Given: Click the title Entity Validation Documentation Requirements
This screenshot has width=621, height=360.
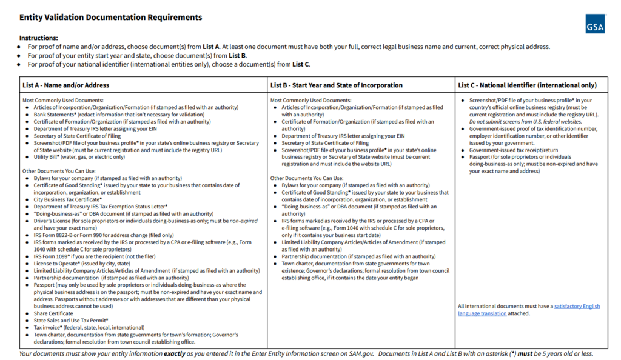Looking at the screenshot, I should (x=111, y=18).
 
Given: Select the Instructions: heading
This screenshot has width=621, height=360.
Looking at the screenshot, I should (x=39, y=38).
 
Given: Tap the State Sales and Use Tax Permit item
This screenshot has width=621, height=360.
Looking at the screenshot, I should (x=71, y=320).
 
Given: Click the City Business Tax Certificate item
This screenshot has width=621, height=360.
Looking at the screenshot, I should (x=68, y=199).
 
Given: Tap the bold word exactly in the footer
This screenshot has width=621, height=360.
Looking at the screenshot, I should (x=176, y=353).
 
